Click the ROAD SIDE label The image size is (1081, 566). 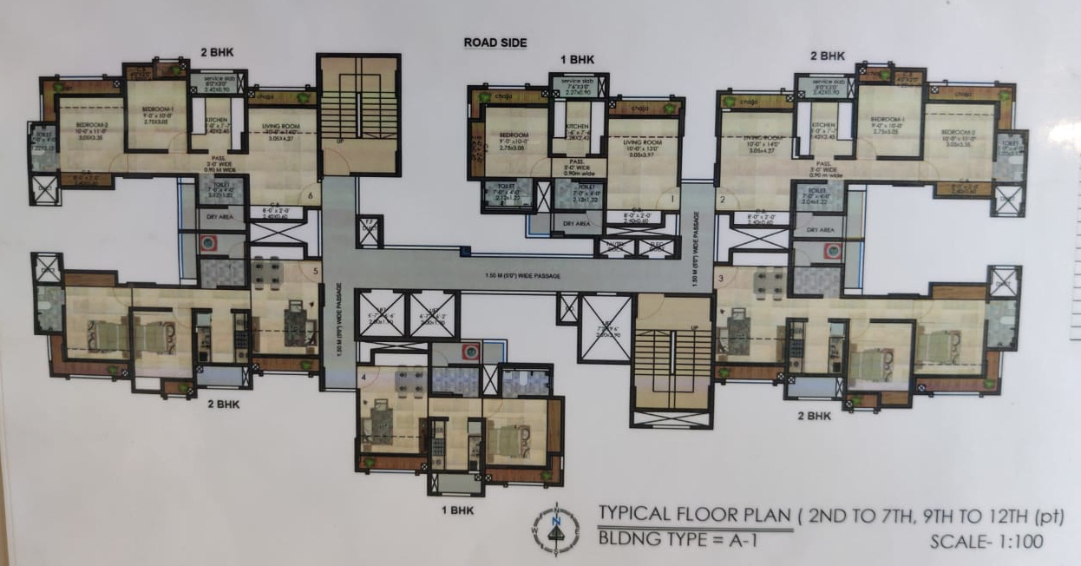(x=495, y=43)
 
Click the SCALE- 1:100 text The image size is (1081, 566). (x=986, y=543)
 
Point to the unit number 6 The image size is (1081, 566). (x=310, y=196)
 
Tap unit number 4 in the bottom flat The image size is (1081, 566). (x=364, y=377)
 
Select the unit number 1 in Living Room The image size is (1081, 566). (x=671, y=200)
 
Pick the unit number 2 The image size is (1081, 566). (x=722, y=201)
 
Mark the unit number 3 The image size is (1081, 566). (x=720, y=278)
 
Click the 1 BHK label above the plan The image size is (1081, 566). (x=577, y=59)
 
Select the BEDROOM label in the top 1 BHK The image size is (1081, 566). (x=514, y=136)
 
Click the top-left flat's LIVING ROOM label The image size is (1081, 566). (x=280, y=128)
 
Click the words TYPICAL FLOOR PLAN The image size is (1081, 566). (x=695, y=514)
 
